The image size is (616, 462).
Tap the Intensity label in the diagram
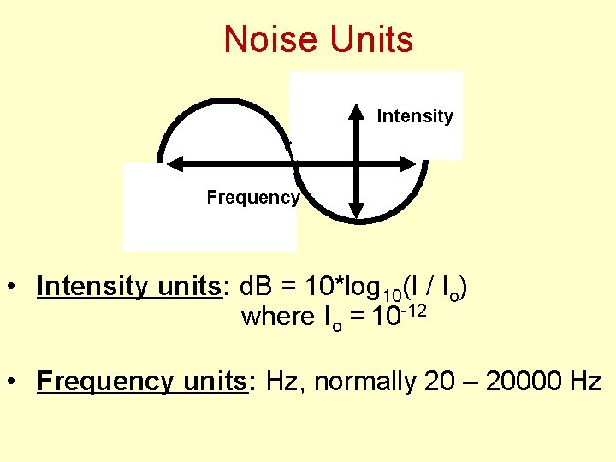tap(415, 116)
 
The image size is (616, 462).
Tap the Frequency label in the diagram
tap(253, 198)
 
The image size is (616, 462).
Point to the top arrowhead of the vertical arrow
tap(358, 112)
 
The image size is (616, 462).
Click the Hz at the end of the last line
tap(585, 381)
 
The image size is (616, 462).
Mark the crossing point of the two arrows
tap(358, 163)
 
